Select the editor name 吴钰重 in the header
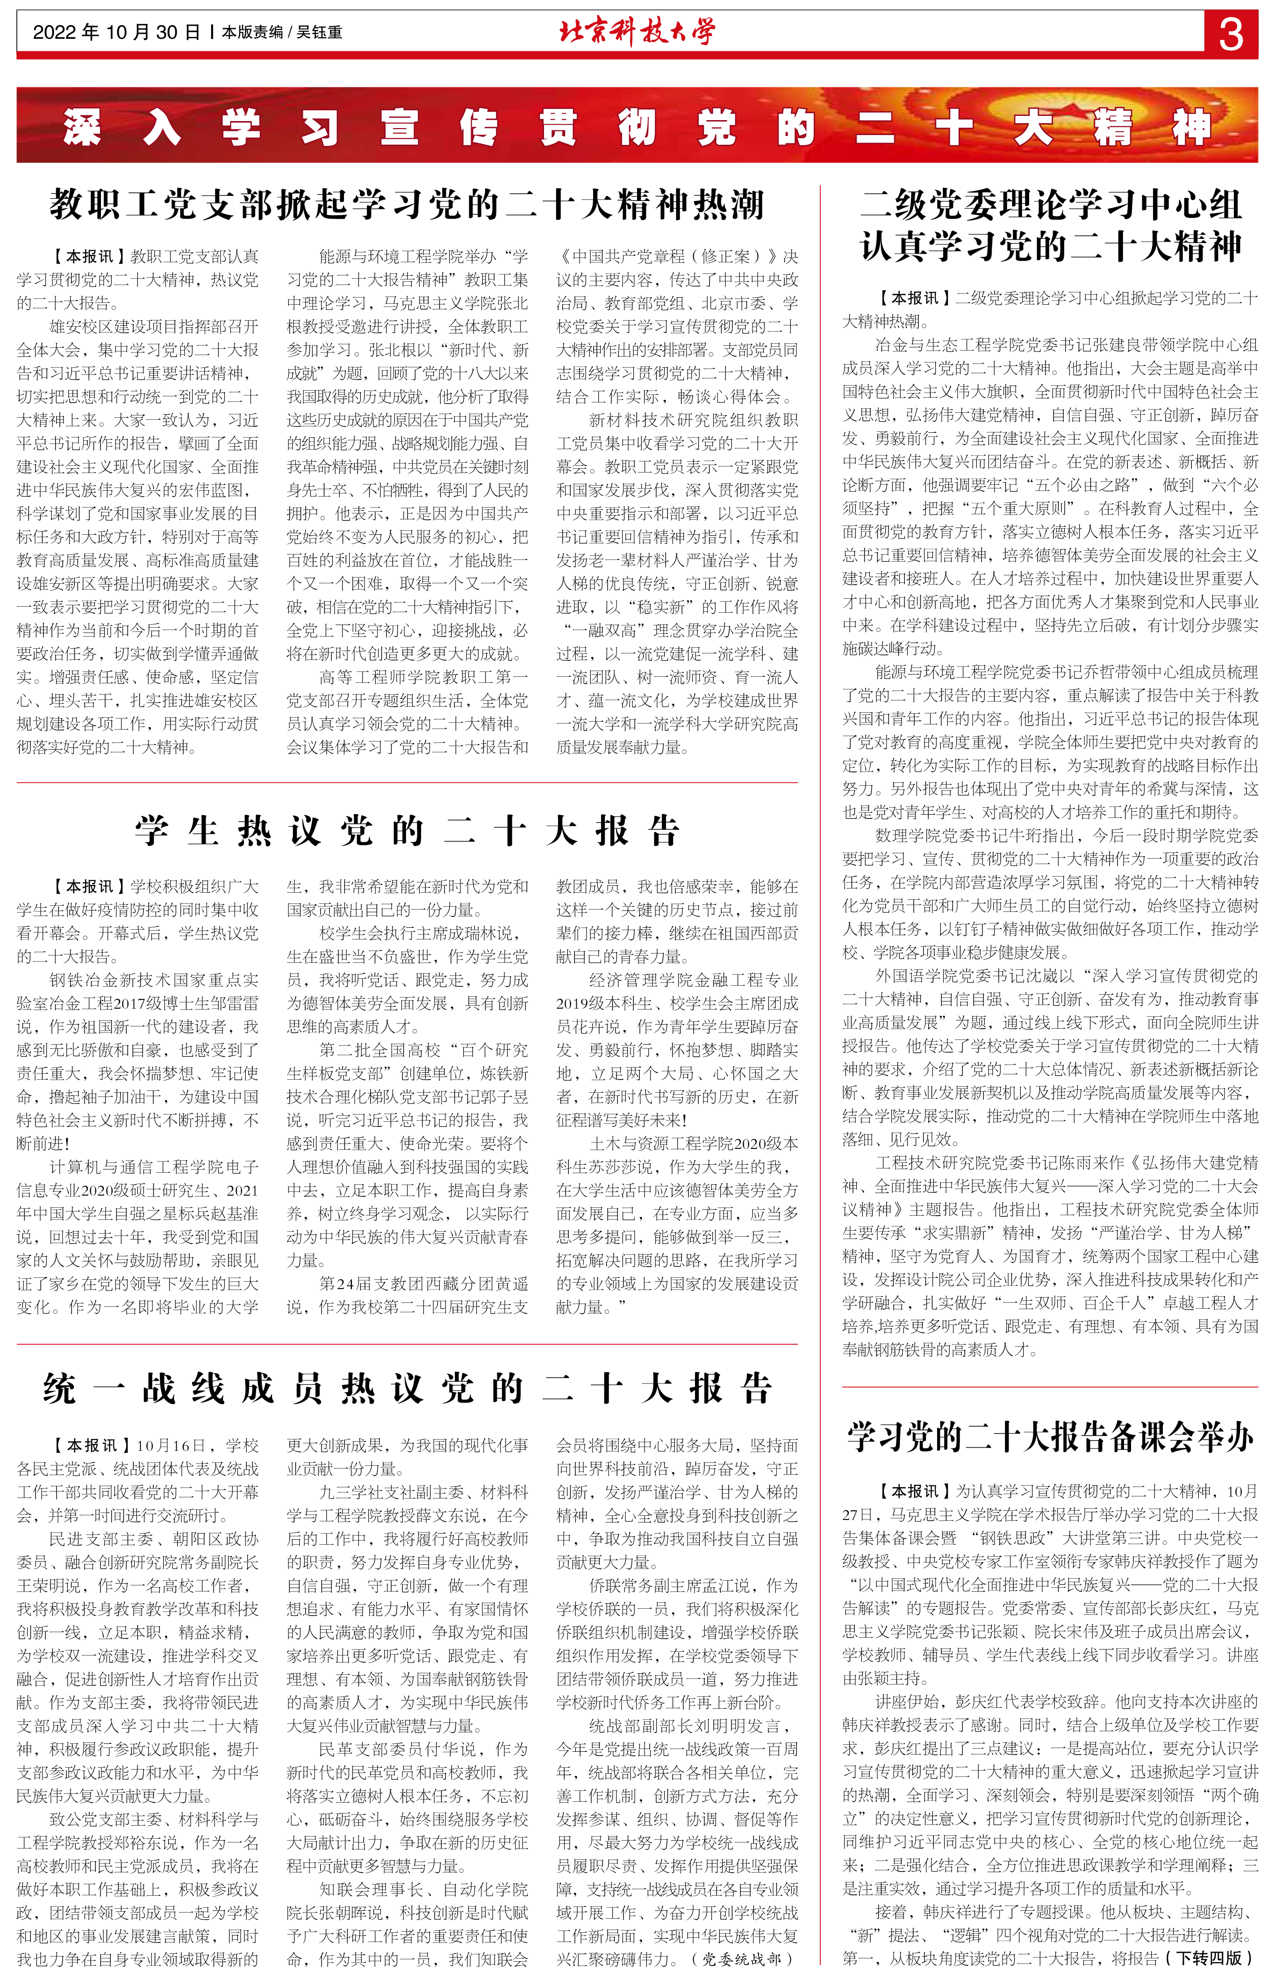320,32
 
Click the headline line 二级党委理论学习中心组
1050,204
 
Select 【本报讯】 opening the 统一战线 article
89,1445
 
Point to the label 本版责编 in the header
252,32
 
